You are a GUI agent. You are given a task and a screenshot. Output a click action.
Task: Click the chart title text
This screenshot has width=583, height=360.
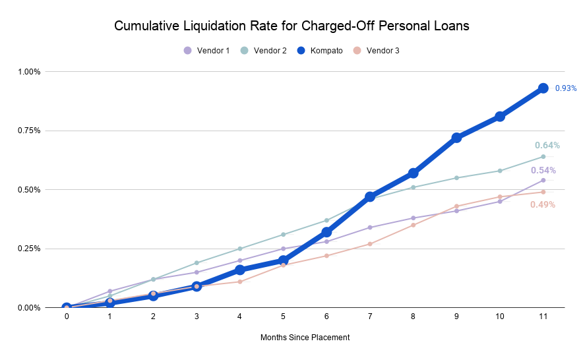click(x=291, y=26)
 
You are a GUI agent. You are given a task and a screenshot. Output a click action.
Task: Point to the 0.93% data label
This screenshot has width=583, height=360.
click(x=566, y=88)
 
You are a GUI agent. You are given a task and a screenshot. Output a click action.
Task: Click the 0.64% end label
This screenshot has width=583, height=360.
click(x=547, y=146)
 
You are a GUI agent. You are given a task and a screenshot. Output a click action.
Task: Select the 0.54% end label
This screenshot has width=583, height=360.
click(x=543, y=171)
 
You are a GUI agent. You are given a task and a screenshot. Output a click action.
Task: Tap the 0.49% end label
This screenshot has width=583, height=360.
click(x=543, y=205)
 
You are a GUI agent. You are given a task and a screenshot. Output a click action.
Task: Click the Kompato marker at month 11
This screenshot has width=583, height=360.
click(x=543, y=88)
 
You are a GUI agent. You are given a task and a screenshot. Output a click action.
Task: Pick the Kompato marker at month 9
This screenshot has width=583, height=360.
click(x=456, y=138)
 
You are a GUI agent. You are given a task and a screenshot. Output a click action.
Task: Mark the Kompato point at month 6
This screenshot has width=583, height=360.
click(x=326, y=232)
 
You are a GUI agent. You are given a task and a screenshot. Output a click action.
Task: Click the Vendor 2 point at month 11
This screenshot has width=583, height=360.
click(x=543, y=156)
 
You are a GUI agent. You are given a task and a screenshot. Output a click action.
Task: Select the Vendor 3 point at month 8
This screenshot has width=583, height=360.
click(x=414, y=225)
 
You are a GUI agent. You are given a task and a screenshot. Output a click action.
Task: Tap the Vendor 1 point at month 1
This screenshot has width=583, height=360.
click(x=110, y=291)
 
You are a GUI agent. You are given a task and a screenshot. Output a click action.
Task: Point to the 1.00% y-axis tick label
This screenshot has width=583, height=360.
click(x=30, y=71)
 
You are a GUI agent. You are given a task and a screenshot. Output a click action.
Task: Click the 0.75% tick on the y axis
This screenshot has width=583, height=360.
click(x=30, y=131)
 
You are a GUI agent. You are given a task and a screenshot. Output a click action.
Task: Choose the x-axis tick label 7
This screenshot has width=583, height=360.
click(x=370, y=316)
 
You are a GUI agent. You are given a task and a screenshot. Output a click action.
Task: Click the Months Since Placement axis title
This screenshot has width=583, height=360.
click(x=305, y=338)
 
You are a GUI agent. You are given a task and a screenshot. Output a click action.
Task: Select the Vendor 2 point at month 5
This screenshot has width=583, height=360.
click(x=284, y=235)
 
